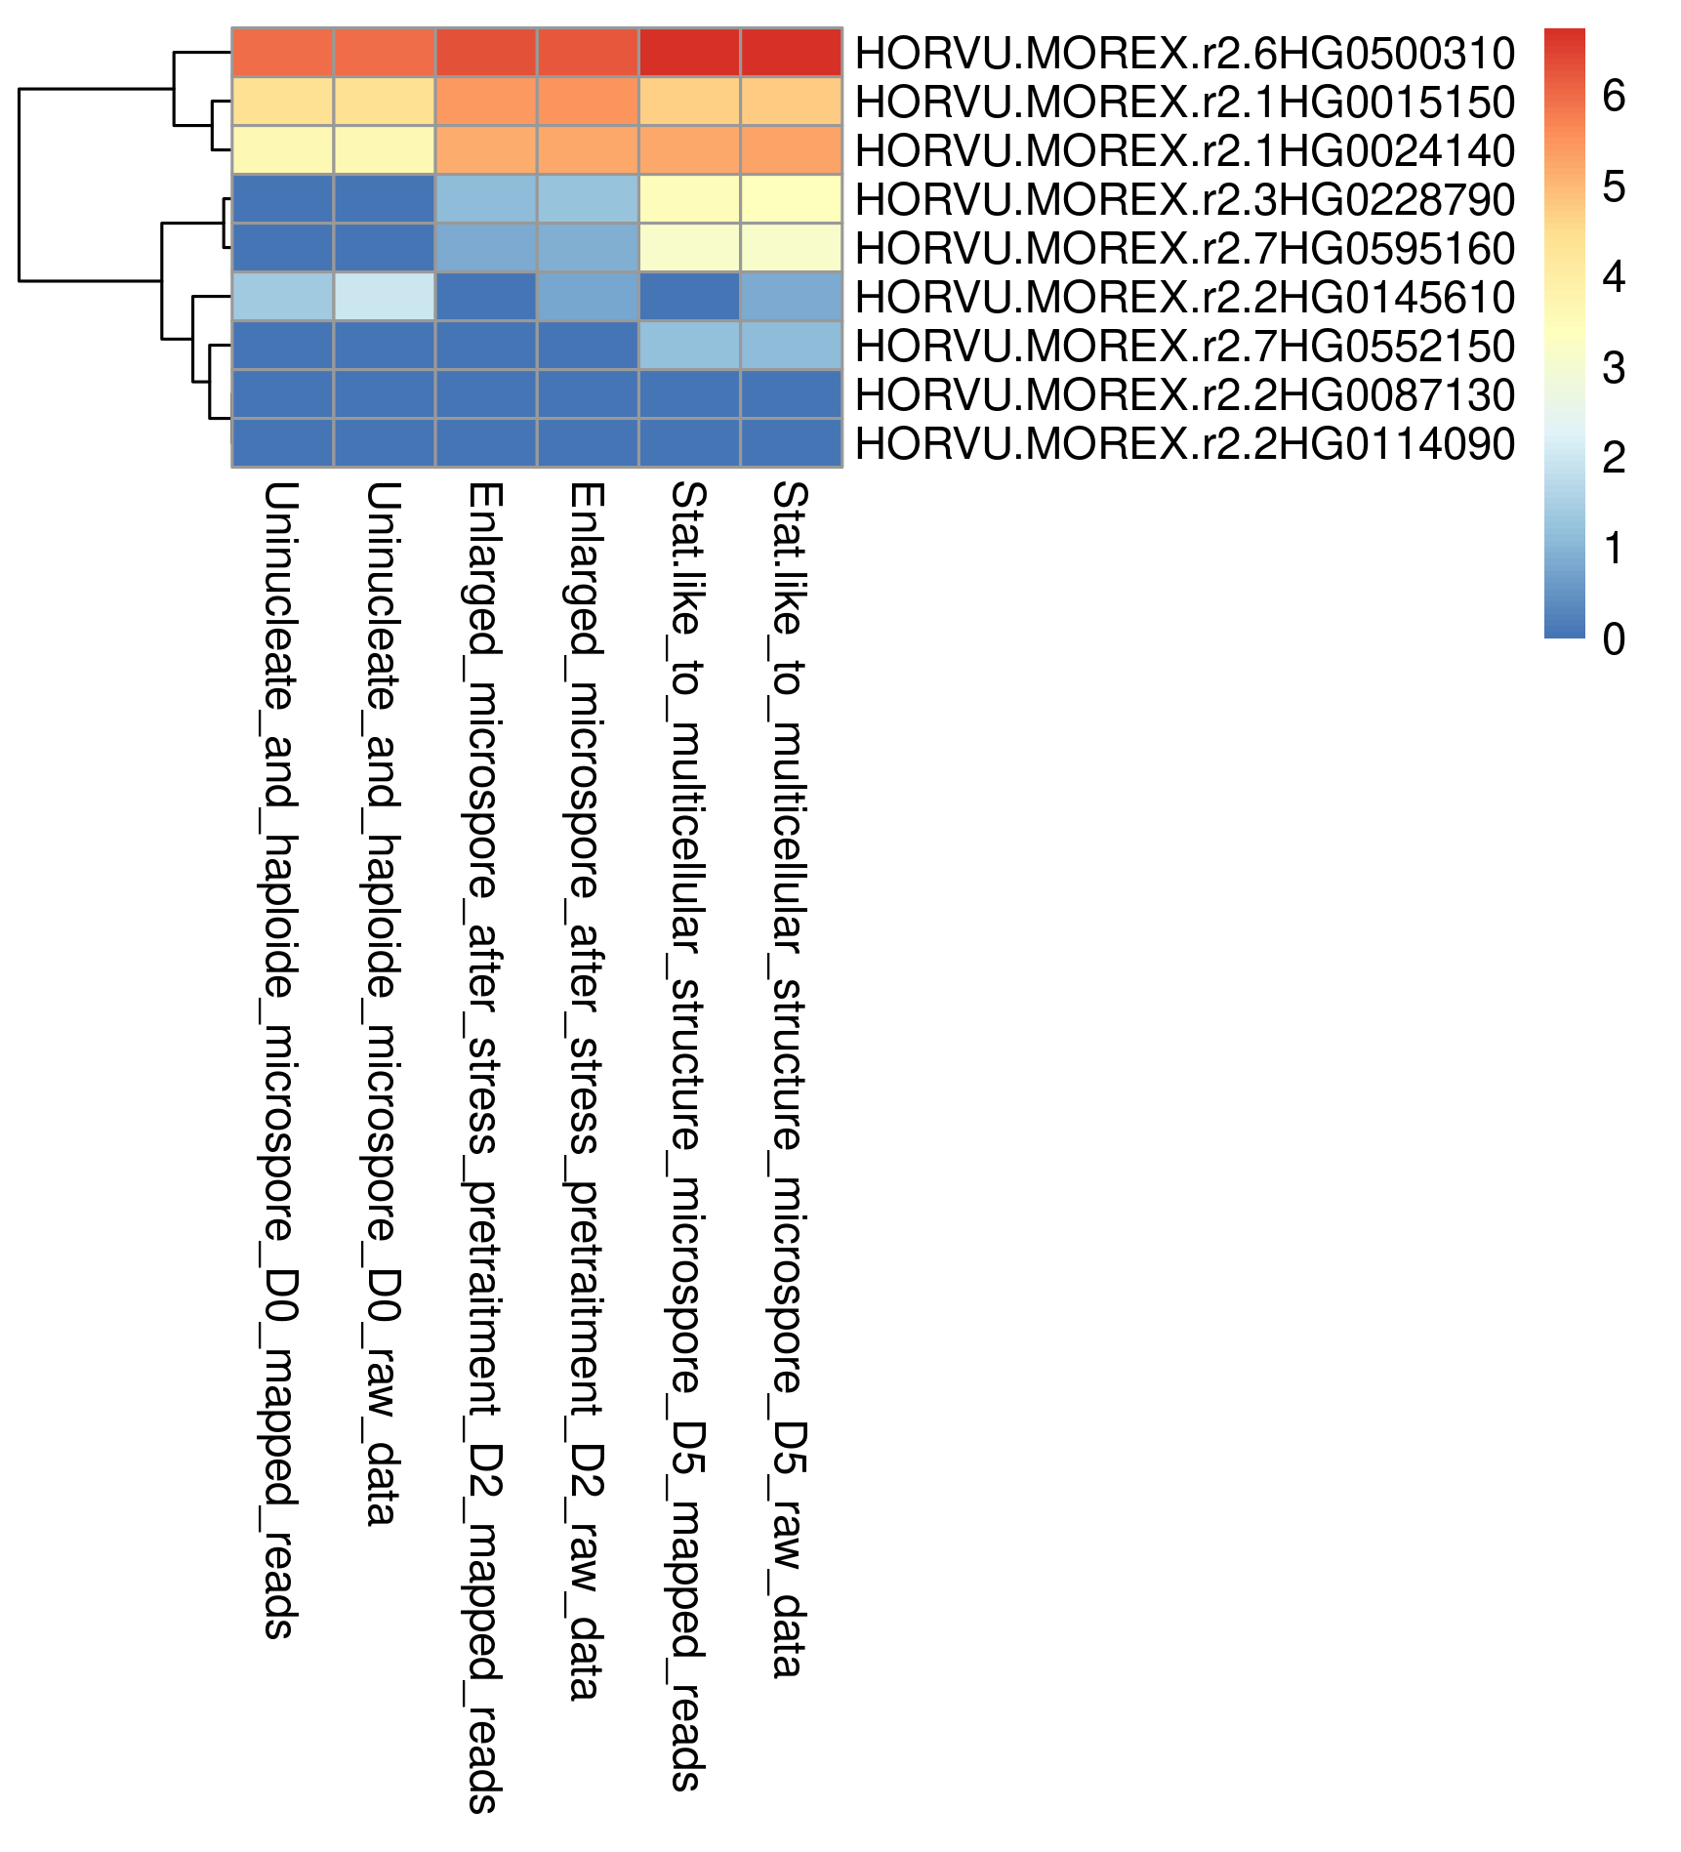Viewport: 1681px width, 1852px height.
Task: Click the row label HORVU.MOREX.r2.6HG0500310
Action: click(1184, 53)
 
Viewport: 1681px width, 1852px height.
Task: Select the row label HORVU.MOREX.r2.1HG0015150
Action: click(1184, 102)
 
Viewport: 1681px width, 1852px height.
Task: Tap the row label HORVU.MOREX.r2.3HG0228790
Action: click(1184, 199)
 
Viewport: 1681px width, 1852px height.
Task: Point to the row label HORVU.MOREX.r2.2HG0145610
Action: click(1184, 297)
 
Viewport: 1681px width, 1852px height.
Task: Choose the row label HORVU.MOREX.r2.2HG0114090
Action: click(1184, 443)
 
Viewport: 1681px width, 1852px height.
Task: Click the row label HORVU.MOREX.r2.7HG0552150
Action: click(1184, 346)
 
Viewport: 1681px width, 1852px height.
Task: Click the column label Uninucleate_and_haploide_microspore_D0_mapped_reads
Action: click(280, 1059)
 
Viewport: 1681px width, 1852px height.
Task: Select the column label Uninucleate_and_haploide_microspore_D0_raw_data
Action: click(382, 1004)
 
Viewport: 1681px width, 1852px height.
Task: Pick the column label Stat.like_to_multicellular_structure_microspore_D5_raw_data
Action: click(788, 1079)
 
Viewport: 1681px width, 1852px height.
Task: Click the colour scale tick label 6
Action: click(1614, 96)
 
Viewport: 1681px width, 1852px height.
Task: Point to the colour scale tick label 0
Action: click(1614, 638)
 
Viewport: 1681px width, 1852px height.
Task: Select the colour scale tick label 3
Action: click(1614, 367)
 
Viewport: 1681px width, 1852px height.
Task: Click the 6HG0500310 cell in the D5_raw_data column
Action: click(791, 53)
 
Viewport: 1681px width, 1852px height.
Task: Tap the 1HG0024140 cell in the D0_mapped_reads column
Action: click(283, 150)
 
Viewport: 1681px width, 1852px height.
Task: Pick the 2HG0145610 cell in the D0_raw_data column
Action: click(385, 297)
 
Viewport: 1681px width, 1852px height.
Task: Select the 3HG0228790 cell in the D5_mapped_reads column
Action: click(689, 199)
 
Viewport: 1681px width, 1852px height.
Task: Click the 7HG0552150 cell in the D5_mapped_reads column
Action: click(689, 346)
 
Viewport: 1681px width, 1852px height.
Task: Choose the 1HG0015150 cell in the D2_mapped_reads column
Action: click(486, 102)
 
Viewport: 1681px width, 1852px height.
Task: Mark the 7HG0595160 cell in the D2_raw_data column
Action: click(588, 248)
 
